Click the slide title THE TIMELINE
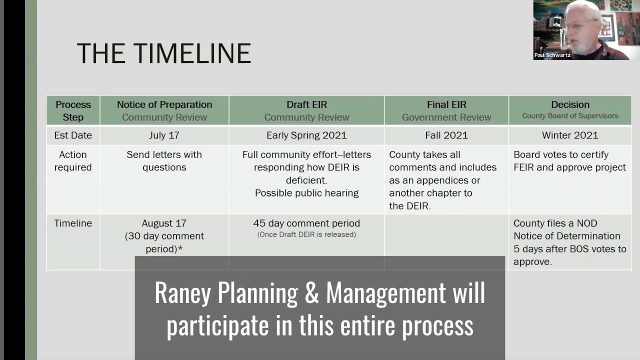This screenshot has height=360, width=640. pyautogui.click(x=163, y=53)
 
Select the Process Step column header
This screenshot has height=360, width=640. pyautogui.click(x=73, y=110)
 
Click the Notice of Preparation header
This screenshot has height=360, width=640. pyautogui.click(x=164, y=104)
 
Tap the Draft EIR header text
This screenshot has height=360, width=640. pyautogui.click(x=306, y=104)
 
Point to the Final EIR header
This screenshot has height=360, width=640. pyautogui.click(x=446, y=104)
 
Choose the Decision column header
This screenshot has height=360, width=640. pyautogui.click(x=570, y=104)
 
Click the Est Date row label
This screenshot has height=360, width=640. pyautogui.click(x=73, y=135)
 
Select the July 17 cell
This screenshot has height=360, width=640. pyautogui.click(x=164, y=135)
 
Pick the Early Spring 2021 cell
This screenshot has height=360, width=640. pyautogui.click(x=306, y=135)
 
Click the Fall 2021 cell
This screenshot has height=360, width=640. pyautogui.click(x=446, y=135)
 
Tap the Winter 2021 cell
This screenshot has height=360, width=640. pyautogui.click(x=570, y=135)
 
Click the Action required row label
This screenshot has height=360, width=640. pyautogui.click(x=73, y=161)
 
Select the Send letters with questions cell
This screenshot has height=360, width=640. pyautogui.click(x=164, y=161)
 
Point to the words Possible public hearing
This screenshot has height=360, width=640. pyautogui.click(x=306, y=193)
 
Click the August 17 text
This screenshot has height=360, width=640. pyautogui.click(x=164, y=223)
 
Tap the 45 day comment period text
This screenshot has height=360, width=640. pyautogui.click(x=306, y=223)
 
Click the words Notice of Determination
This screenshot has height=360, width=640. pyautogui.click(x=566, y=236)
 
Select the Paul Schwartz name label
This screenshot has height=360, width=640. pyautogui.click(x=552, y=55)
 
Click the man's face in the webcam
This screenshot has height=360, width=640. pyautogui.click(x=580, y=27)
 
